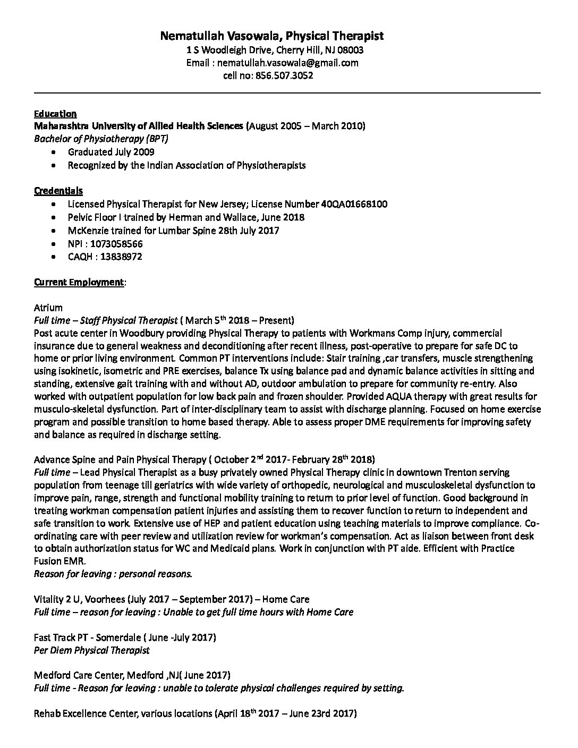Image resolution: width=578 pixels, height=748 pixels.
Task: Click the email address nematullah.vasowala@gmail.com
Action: coord(288,63)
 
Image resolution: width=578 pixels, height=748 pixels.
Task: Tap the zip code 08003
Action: coord(350,50)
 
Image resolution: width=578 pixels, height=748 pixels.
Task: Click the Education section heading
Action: coord(55,114)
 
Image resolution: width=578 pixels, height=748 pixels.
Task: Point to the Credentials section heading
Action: coord(58,191)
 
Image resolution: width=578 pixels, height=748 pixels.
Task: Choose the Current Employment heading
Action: coord(79,282)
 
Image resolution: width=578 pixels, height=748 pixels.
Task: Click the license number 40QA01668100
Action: coord(354,204)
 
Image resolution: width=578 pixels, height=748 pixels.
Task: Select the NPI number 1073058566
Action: coord(116,244)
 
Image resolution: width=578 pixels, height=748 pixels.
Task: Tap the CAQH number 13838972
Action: coord(116,257)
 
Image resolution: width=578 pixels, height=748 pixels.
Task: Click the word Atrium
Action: coord(48,308)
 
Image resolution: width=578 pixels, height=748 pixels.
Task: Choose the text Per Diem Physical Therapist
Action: coord(91,650)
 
